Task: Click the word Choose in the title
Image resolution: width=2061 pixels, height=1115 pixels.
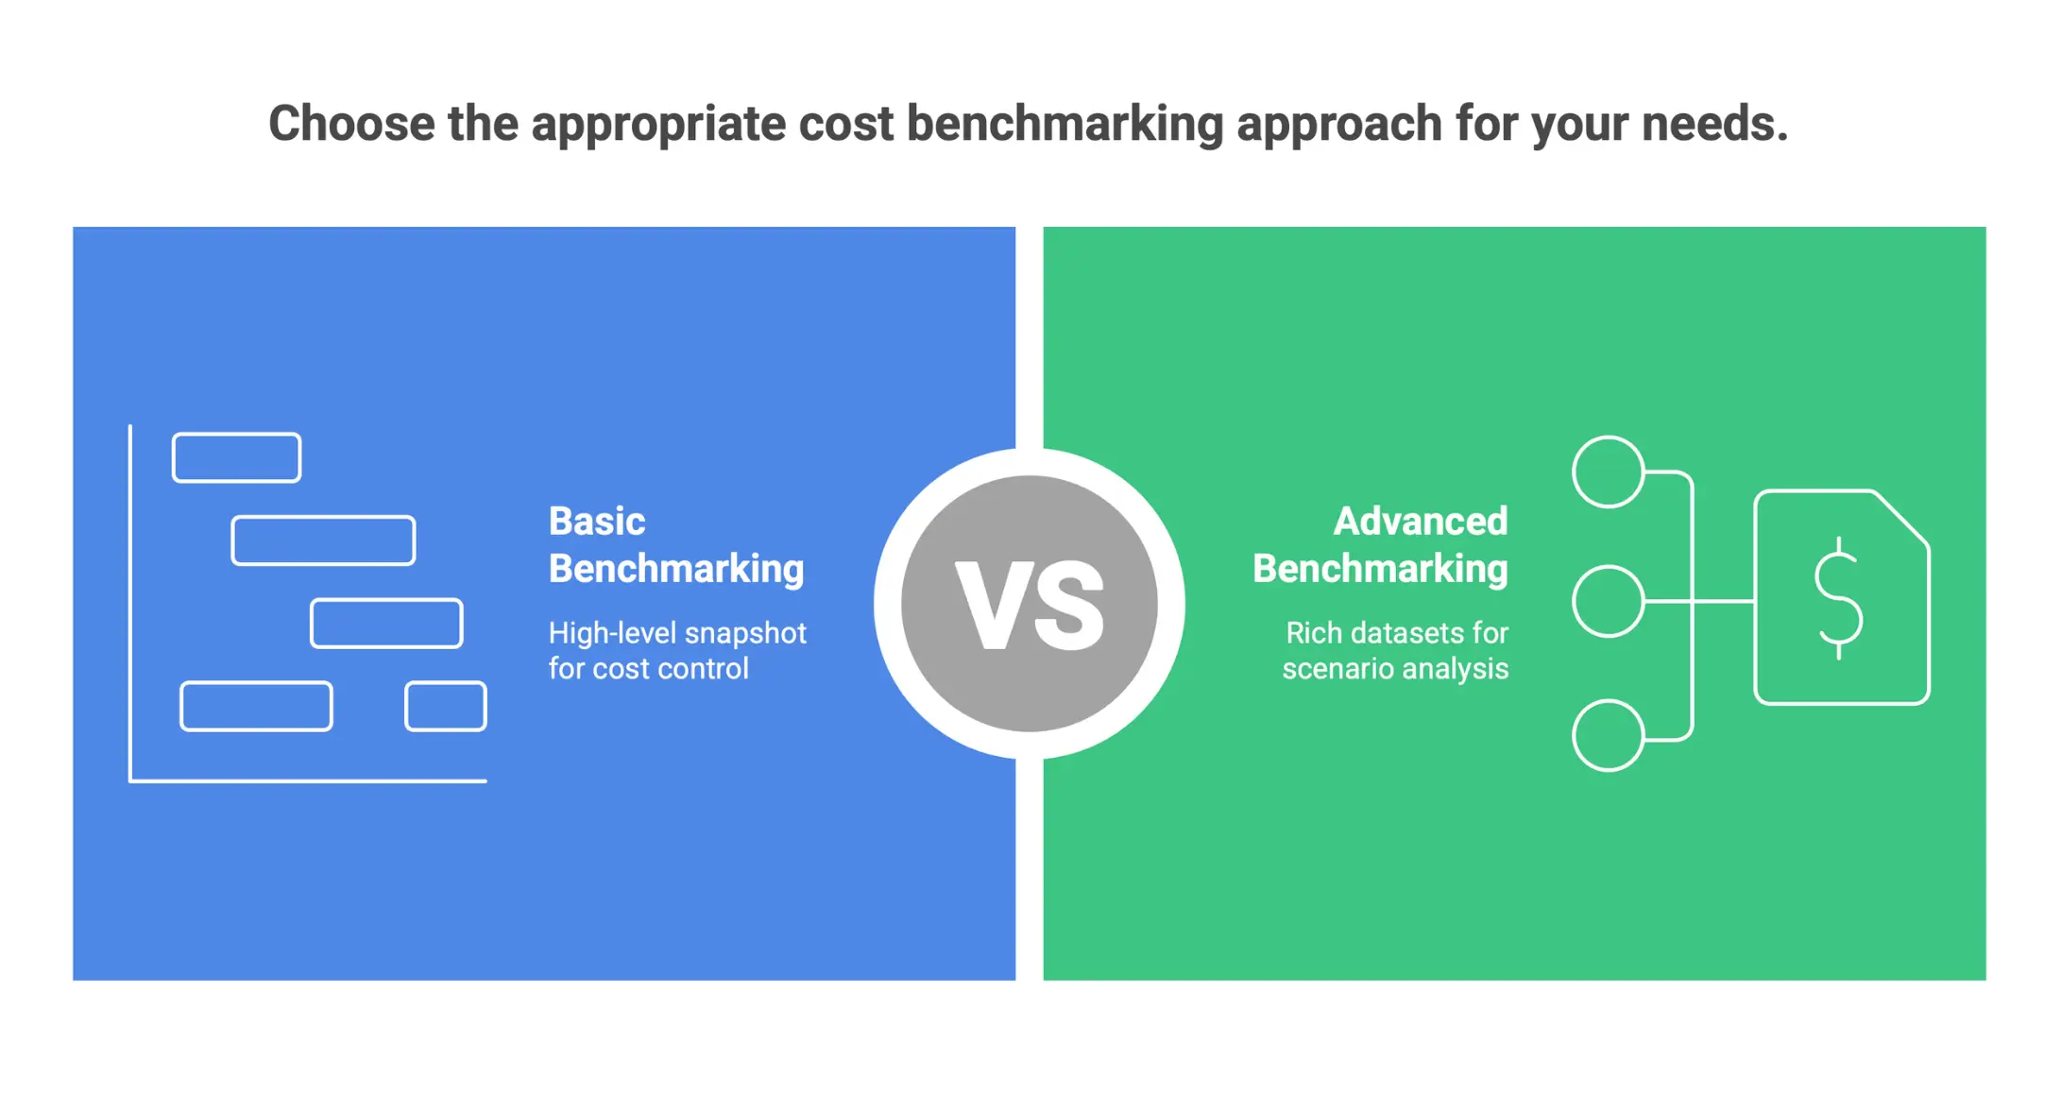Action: pos(350,124)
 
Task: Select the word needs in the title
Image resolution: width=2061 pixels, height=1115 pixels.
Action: pos(1713,124)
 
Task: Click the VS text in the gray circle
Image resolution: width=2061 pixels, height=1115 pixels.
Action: pos(1030,605)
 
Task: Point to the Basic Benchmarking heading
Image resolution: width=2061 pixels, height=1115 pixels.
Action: pos(675,545)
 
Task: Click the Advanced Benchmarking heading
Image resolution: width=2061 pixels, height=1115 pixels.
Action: pos(1380,545)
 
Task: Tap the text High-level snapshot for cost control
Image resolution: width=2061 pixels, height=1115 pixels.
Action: pos(676,650)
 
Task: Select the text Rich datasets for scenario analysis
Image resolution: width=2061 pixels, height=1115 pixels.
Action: pos(1395,650)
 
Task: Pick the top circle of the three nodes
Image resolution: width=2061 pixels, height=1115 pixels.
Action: pos(1608,472)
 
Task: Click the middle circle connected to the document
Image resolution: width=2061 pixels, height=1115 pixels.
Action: pos(1608,601)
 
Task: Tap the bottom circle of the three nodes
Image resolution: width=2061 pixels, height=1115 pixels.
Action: pos(1608,735)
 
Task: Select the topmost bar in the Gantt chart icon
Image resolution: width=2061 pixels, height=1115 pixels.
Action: pos(236,457)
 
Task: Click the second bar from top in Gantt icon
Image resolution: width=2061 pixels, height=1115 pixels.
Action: pos(323,540)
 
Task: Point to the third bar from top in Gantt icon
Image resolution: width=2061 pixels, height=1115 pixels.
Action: pos(386,624)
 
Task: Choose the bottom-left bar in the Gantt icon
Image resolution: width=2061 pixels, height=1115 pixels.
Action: pos(256,706)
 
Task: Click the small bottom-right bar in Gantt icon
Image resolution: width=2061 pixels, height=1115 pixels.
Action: pos(446,706)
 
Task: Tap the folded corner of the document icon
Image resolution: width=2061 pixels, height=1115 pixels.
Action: pos(1900,518)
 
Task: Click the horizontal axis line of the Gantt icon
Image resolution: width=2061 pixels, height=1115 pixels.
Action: pos(308,781)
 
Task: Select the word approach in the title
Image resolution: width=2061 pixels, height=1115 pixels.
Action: pos(1339,124)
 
